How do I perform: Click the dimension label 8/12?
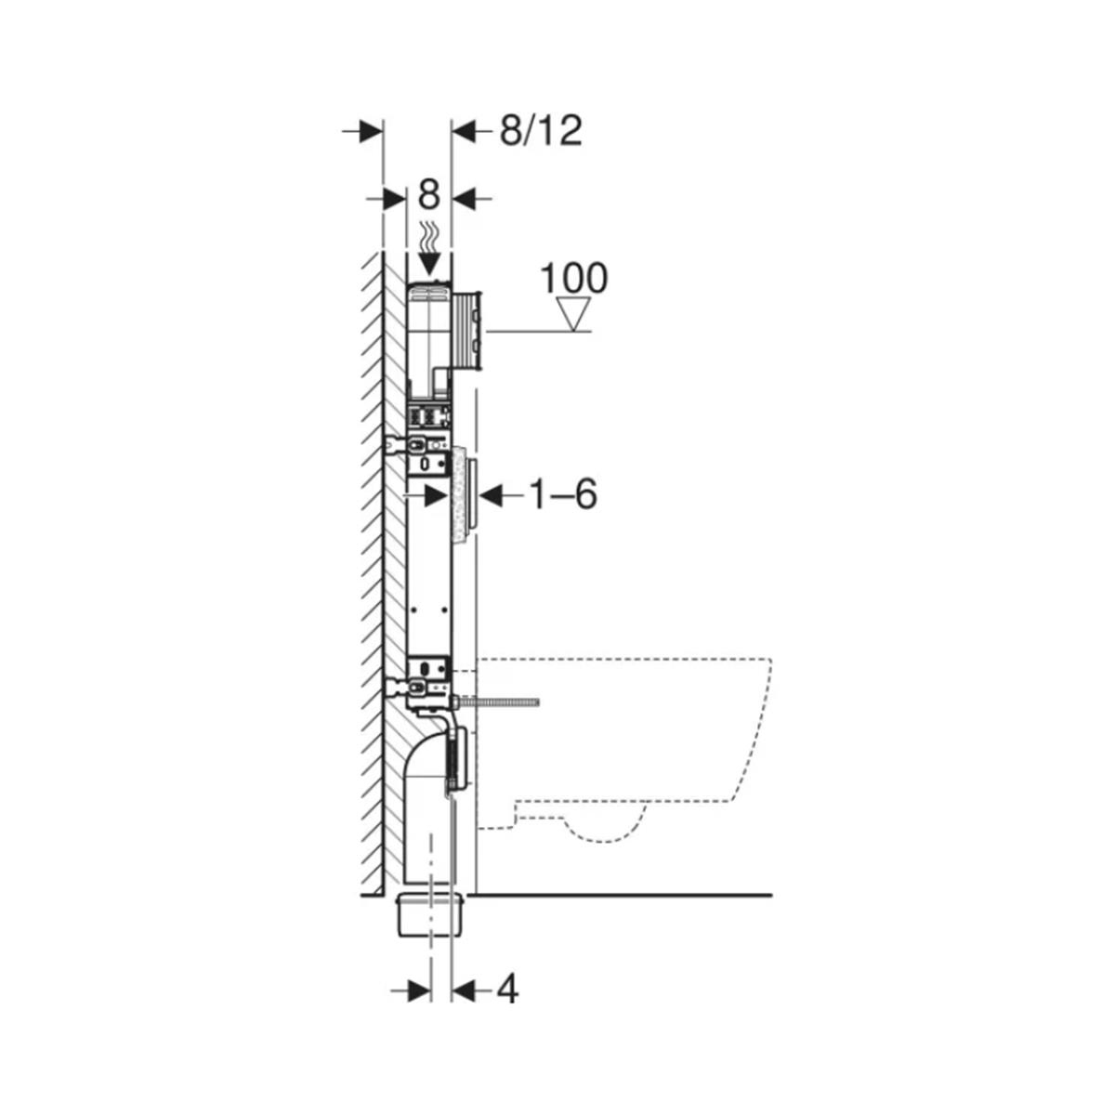click(x=541, y=131)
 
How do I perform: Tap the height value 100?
click(x=574, y=278)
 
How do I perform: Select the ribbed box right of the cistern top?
click(x=466, y=331)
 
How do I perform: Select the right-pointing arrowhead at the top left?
click(x=371, y=131)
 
